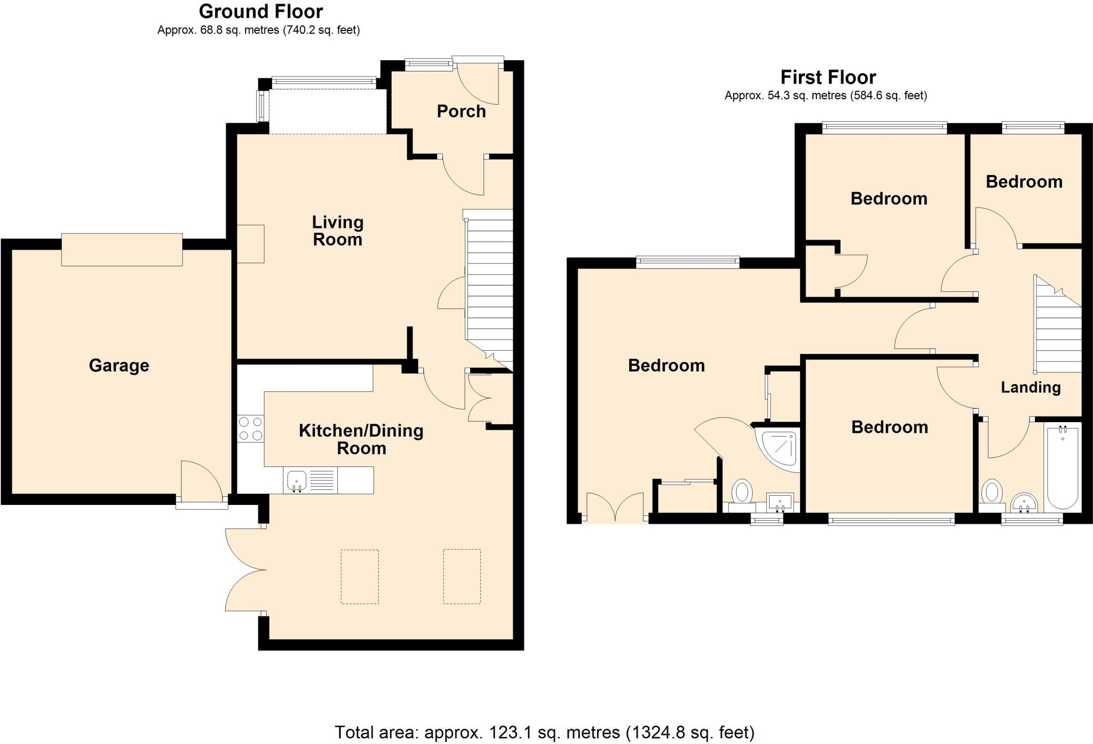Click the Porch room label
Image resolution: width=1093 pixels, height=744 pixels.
(x=461, y=111)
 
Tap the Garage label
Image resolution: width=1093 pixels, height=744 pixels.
(x=118, y=365)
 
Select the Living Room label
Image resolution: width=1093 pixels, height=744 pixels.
(x=337, y=231)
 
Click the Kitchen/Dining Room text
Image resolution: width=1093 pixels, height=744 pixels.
(x=361, y=439)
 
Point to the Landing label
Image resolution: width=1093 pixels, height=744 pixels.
(x=1030, y=387)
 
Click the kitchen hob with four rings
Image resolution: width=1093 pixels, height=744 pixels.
(x=251, y=429)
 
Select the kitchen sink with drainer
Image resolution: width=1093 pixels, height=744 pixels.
(x=310, y=480)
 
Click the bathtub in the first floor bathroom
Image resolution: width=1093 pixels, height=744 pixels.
(x=1063, y=468)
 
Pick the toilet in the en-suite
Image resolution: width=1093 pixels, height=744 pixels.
(x=741, y=492)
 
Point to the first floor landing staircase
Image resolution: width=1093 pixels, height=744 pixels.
(x=1057, y=331)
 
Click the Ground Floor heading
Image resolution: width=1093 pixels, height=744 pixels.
(x=260, y=11)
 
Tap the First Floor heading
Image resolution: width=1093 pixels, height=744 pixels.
(x=828, y=77)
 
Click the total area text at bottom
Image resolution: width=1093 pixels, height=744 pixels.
(x=544, y=732)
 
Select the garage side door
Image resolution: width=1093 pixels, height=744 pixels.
(x=202, y=480)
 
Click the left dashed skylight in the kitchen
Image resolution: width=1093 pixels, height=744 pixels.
(x=360, y=576)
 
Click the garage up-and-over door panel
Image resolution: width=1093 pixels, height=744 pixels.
(x=122, y=249)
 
